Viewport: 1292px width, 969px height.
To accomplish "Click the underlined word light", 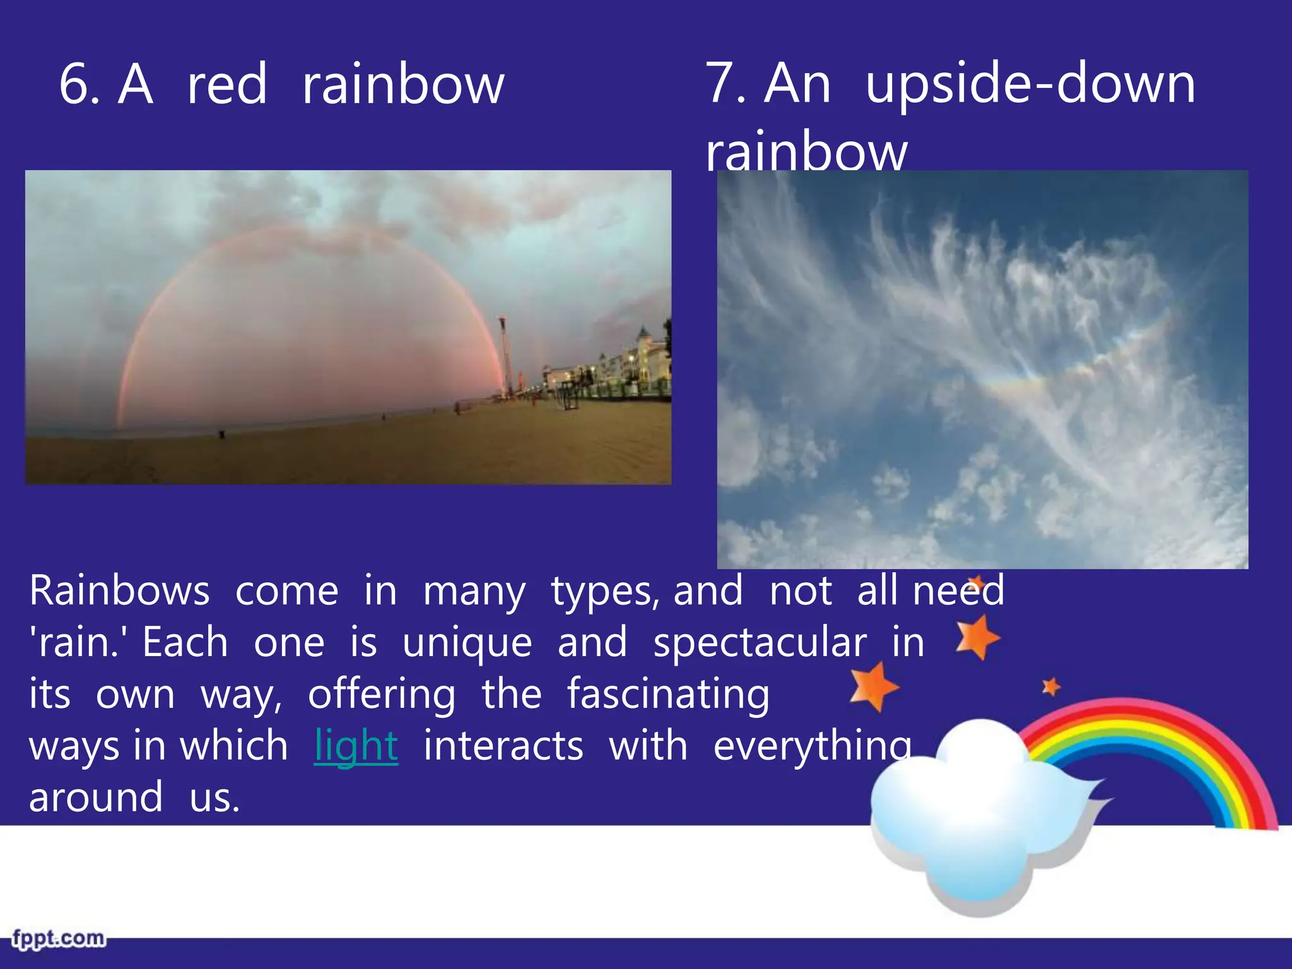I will (x=356, y=746).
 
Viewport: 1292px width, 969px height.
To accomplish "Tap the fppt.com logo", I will (x=58, y=939).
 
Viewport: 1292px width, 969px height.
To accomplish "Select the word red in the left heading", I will (x=227, y=86).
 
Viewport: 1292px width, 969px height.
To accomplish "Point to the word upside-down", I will (x=1030, y=85).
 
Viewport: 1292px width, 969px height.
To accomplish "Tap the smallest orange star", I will (x=1051, y=686).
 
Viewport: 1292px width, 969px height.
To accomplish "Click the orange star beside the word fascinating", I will (x=873, y=686).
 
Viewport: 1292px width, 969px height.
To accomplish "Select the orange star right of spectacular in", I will (x=977, y=637).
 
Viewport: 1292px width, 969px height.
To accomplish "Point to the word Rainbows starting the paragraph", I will (x=119, y=592).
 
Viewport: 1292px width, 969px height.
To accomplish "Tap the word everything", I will (x=812, y=747).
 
